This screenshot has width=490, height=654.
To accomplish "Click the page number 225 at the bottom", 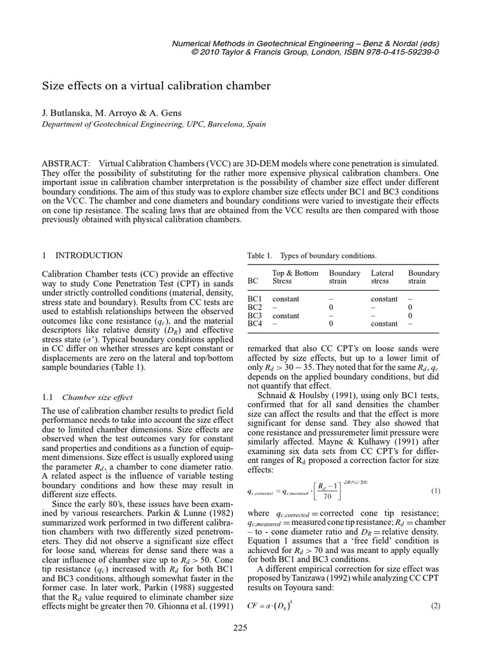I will pyautogui.click(x=240, y=646).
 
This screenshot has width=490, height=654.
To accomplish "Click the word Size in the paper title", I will pyautogui.click(x=54, y=85).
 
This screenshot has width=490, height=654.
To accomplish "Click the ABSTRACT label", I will pyautogui.click(x=65, y=163).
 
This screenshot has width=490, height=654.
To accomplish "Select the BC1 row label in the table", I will pyautogui.click(x=255, y=299).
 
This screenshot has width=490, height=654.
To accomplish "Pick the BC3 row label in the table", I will pyautogui.click(x=255, y=316).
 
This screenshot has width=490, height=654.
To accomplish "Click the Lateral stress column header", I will pyautogui.click(x=383, y=277).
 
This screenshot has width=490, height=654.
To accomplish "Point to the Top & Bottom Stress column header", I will pyautogui.click(x=295, y=277).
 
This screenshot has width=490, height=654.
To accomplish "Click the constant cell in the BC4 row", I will pyautogui.click(x=384, y=324).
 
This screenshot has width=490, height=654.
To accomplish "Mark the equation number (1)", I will pyautogui.click(x=435, y=490).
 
